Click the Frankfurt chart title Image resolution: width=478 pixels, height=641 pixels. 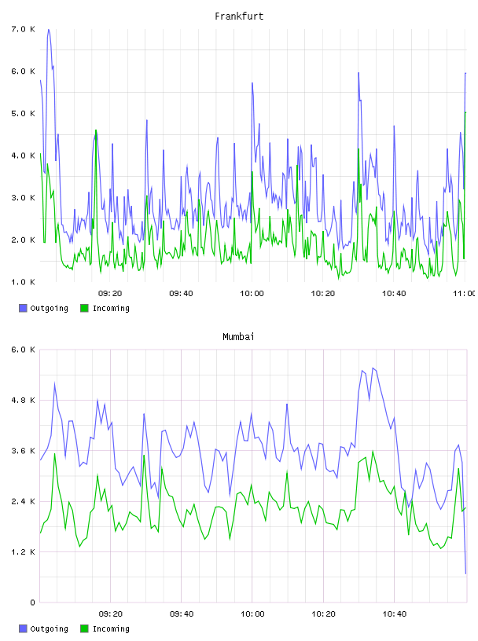(239, 16)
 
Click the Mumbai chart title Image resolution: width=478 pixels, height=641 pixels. (238, 336)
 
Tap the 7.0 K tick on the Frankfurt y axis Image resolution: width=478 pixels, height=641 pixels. (23, 29)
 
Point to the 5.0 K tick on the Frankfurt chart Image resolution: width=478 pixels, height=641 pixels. (23, 113)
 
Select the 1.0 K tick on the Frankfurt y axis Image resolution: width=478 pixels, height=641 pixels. (23, 282)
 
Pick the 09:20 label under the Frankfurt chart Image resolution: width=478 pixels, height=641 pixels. (110, 293)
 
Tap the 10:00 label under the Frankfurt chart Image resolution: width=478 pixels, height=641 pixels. (252, 293)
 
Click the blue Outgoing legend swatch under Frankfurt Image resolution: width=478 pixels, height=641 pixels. (23, 308)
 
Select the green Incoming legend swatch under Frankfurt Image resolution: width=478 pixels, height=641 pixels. (84, 308)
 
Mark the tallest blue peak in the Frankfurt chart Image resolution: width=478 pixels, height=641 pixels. (48, 29)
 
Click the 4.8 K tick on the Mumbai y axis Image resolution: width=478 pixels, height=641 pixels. (23, 400)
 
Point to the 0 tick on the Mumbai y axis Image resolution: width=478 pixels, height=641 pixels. (32, 603)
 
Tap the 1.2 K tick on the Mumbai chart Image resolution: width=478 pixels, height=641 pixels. (23, 552)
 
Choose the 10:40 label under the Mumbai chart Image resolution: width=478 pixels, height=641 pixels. (395, 614)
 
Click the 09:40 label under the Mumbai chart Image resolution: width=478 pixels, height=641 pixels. (182, 614)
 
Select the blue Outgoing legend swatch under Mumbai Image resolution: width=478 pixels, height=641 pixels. (23, 628)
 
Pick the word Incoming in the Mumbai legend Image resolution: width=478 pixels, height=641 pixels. (111, 628)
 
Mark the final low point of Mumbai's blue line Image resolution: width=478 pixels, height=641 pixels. (465, 573)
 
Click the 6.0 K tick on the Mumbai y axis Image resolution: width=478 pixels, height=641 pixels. (23, 350)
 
